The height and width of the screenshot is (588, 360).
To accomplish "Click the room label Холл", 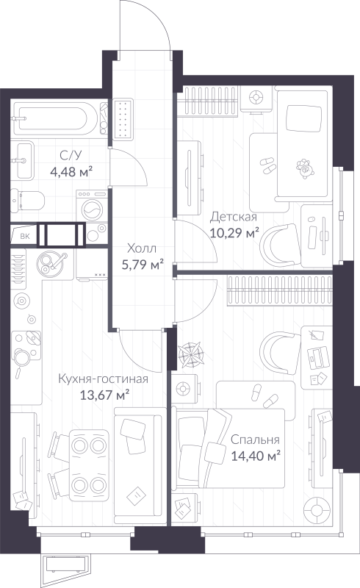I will (142, 248).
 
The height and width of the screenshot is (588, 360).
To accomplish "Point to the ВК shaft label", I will (24, 236).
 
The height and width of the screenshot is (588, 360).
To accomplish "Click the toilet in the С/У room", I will (29, 200).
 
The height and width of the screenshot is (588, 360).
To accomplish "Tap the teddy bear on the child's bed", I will (303, 170).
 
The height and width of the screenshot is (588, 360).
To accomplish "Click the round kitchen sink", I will (53, 261).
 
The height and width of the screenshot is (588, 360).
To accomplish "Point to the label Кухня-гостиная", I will (104, 379).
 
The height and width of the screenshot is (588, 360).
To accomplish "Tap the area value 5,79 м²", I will (142, 265).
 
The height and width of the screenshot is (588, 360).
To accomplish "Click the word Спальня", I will (255, 440).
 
